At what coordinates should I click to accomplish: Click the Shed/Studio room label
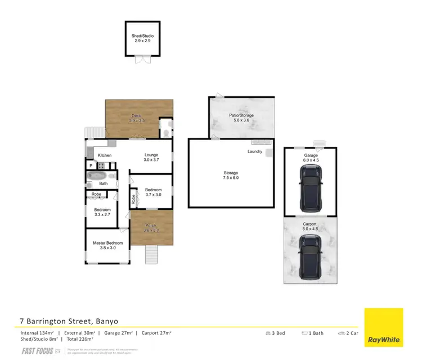[x=142, y=39]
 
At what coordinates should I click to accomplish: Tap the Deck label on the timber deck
[x=137, y=118]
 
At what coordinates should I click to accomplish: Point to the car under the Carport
[x=311, y=256]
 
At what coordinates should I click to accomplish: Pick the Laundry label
[x=255, y=152]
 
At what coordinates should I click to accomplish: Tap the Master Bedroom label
[x=107, y=245]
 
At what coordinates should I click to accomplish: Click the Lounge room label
[x=151, y=157]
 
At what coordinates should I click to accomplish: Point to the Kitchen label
[x=105, y=155]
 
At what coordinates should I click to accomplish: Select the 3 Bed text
[x=276, y=333]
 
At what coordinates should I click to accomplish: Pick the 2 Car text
[x=348, y=333]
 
